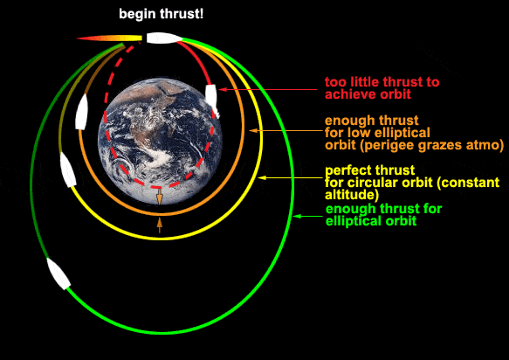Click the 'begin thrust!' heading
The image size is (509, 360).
[161, 15]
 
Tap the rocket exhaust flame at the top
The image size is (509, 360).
[109, 38]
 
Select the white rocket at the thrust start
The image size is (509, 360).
[163, 38]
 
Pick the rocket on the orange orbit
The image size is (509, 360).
[81, 112]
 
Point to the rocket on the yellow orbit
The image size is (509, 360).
[68, 170]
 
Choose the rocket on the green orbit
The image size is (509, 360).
[58, 273]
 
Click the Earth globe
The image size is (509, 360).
[160, 141]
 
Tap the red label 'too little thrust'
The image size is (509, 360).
[382, 82]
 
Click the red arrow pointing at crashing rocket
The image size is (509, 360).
[268, 89]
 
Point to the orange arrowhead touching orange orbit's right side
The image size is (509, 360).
[253, 130]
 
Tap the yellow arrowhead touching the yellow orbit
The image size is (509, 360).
[262, 177]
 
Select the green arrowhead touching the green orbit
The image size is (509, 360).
[297, 216]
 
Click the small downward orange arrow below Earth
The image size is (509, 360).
[160, 197]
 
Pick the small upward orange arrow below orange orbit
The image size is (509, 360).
[160, 225]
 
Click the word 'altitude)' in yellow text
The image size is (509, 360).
[352, 195]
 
